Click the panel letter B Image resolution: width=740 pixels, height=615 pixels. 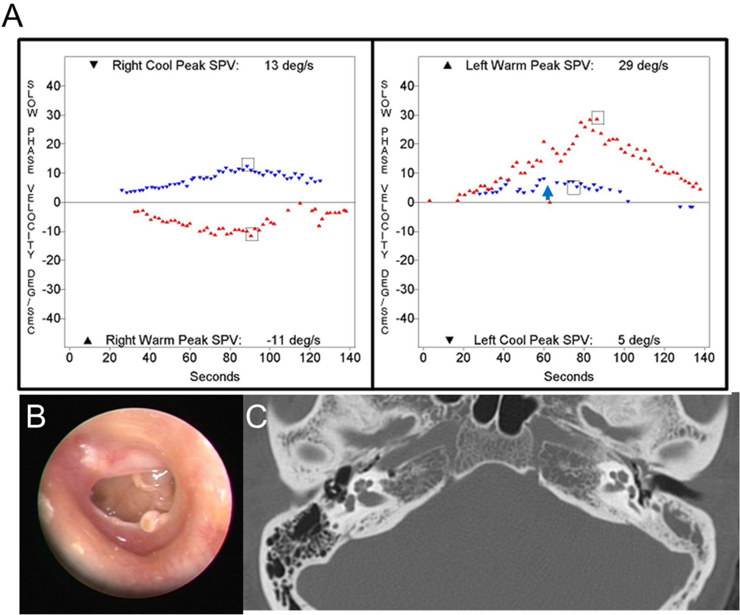[x=36, y=417]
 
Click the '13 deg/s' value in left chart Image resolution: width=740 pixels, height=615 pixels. [x=289, y=65]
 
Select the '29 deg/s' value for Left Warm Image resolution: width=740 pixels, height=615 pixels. [x=643, y=65]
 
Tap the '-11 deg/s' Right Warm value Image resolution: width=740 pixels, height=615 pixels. [x=293, y=340]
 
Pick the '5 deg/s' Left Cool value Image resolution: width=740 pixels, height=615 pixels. [x=639, y=340]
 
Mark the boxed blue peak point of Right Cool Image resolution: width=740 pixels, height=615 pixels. [x=248, y=165]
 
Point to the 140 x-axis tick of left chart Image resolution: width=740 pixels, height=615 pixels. [x=350, y=358]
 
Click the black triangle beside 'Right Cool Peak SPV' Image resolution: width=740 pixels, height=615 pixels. [x=94, y=65]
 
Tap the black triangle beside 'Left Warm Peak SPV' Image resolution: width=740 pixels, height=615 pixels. [x=447, y=65]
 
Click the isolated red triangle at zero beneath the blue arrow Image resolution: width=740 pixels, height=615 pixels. [x=550, y=202]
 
